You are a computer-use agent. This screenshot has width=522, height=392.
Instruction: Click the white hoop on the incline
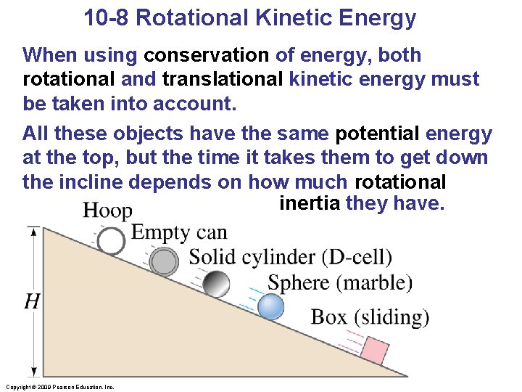111,241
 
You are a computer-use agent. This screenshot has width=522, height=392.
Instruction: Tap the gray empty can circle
165,261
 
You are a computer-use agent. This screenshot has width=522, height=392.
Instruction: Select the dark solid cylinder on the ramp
216,284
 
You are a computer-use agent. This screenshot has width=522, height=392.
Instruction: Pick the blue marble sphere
271,307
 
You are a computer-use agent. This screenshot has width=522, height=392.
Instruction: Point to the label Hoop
107,211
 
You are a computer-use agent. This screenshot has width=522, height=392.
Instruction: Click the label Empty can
179,232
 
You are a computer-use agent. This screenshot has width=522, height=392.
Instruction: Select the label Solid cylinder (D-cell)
290,257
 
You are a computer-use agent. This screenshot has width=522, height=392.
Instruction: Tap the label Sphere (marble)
339,282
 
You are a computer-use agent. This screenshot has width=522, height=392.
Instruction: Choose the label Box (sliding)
370,317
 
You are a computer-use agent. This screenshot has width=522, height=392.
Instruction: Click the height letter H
31,301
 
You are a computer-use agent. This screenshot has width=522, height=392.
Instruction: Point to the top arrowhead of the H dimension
32,231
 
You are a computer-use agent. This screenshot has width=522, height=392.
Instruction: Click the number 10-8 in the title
107,17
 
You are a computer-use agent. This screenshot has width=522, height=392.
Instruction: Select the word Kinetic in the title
294,17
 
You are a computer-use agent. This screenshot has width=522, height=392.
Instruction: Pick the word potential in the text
377,134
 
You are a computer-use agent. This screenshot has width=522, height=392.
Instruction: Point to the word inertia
310,203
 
